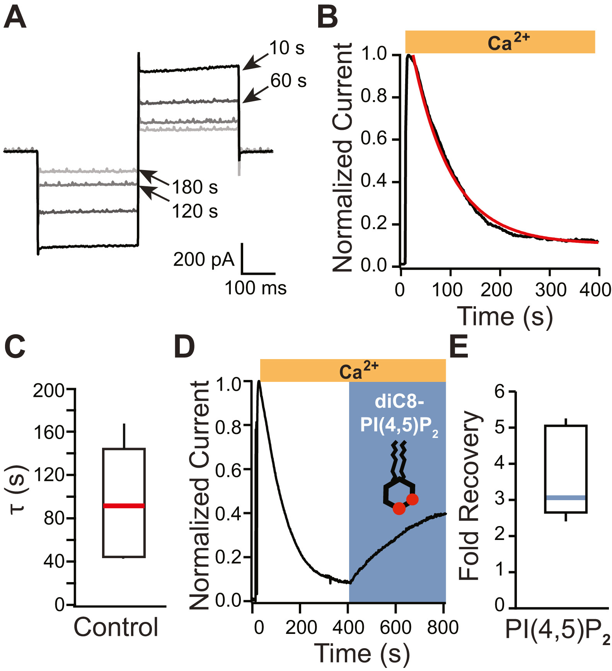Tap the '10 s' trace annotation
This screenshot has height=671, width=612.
[x=286, y=48]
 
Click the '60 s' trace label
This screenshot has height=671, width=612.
[x=288, y=81]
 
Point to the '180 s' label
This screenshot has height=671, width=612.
[x=194, y=187]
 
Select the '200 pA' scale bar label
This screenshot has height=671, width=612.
[x=204, y=260]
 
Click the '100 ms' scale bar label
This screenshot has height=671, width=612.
[x=256, y=288]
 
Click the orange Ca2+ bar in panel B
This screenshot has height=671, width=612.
[x=499, y=42]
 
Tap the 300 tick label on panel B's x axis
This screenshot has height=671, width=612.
[x=551, y=290]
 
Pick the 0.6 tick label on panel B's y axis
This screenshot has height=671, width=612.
[x=374, y=139]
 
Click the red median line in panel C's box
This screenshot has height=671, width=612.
[x=124, y=506]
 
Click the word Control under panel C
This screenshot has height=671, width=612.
[x=116, y=627]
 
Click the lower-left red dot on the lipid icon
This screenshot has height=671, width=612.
[x=399, y=508]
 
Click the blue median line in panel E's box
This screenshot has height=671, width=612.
[x=566, y=497]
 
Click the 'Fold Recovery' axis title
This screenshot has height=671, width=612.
[x=469, y=496]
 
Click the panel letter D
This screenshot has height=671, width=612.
[x=184, y=347]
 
